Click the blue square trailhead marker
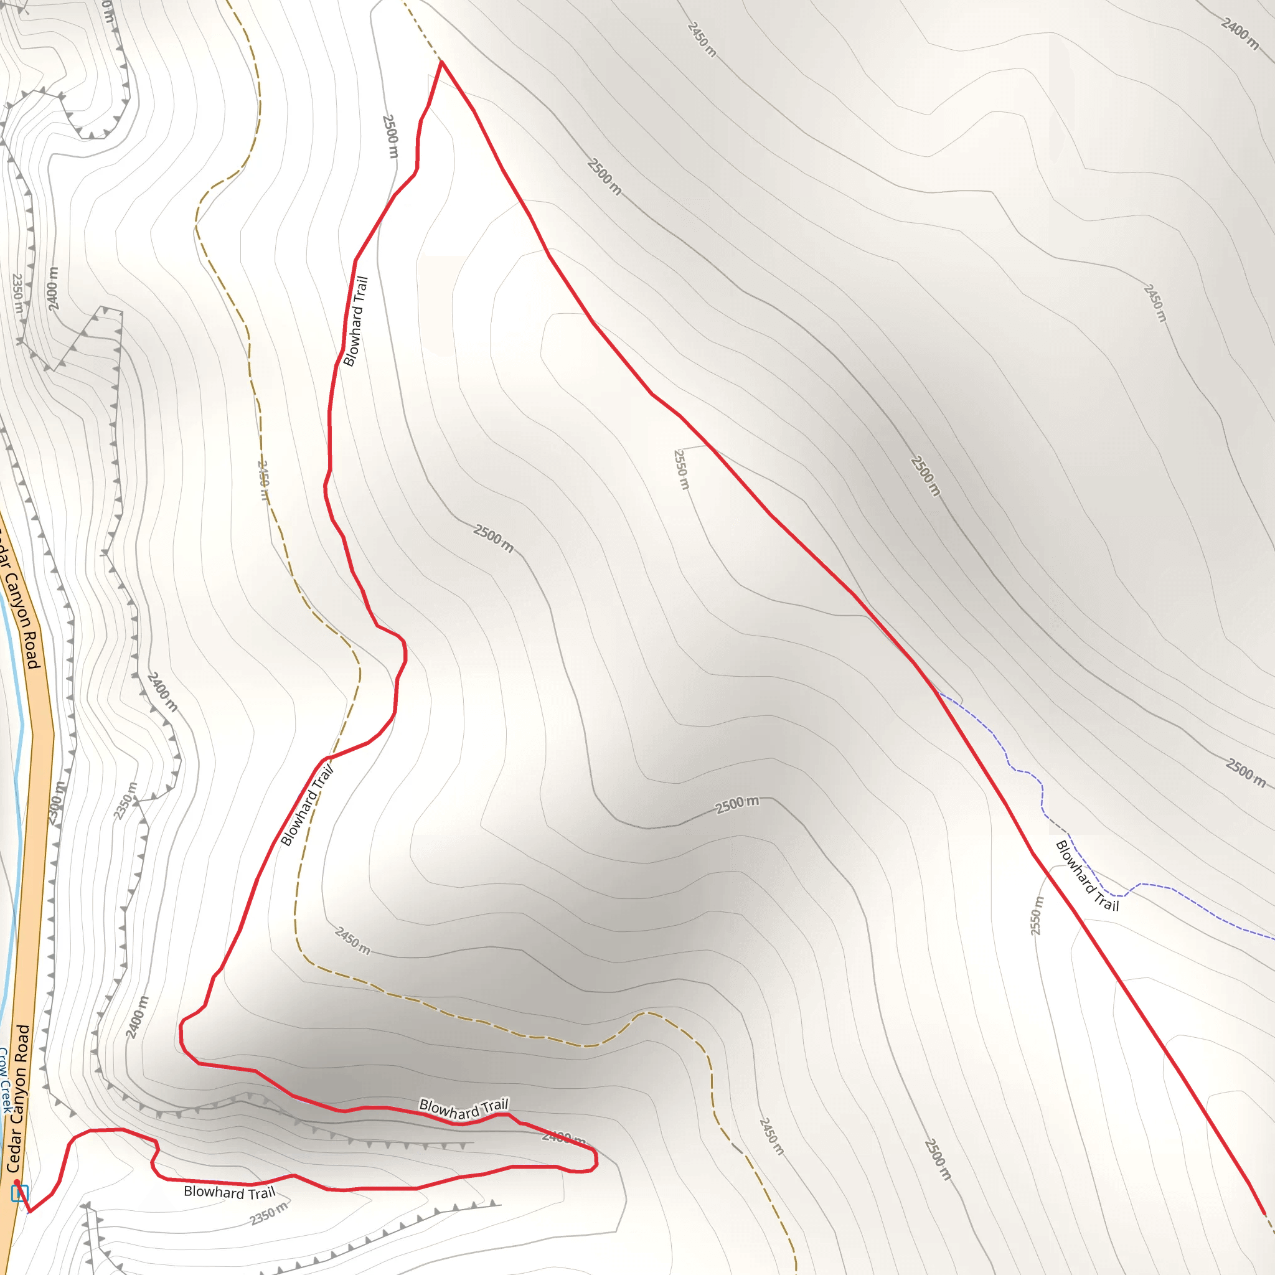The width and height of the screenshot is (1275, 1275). [20, 1193]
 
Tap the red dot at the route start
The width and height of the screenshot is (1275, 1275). [17, 1182]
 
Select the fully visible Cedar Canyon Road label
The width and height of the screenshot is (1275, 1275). [19, 1098]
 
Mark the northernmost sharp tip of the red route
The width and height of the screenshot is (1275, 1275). [441, 62]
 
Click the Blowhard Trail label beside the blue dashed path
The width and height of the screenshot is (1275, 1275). [1087, 876]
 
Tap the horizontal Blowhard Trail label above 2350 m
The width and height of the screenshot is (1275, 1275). [229, 1192]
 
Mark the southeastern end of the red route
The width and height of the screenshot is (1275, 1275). [1264, 1213]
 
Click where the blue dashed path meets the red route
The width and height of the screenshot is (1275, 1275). [938, 692]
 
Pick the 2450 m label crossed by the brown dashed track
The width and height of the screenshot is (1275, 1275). [263, 481]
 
